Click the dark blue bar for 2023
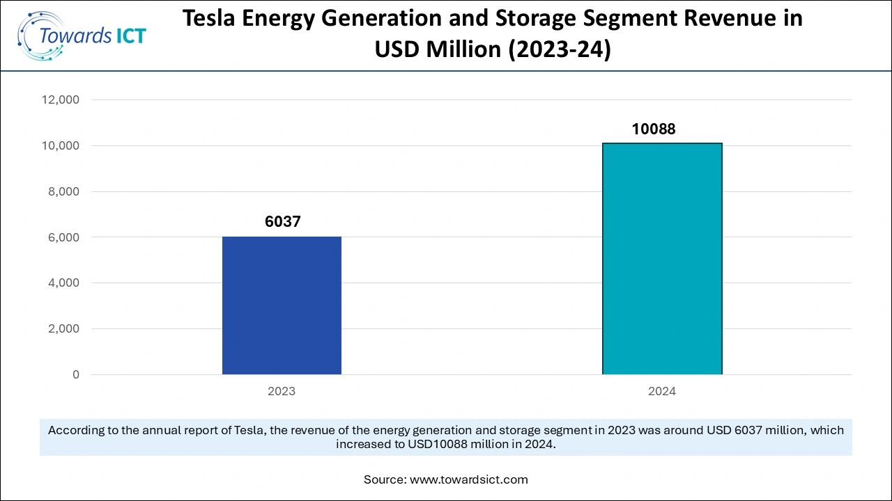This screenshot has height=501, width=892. [x=282, y=305]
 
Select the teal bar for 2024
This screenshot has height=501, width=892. [x=661, y=259]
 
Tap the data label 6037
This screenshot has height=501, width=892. [x=282, y=222]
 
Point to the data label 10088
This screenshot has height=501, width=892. [x=653, y=129]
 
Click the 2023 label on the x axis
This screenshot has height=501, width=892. [x=282, y=391]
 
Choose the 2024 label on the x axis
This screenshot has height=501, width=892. [x=661, y=391]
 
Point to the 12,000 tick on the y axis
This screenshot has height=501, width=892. [x=61, y=100]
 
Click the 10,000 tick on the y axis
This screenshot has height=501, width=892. [x=61, y=146]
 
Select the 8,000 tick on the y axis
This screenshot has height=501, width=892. [x=63, y=192]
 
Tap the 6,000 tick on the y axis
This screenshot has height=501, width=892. [x=63, y=237]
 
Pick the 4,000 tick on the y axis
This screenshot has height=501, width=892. [x=63, y=283]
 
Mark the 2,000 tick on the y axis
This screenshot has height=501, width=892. [x=63, y=329]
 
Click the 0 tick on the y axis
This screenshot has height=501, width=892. [x=76, y=375]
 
